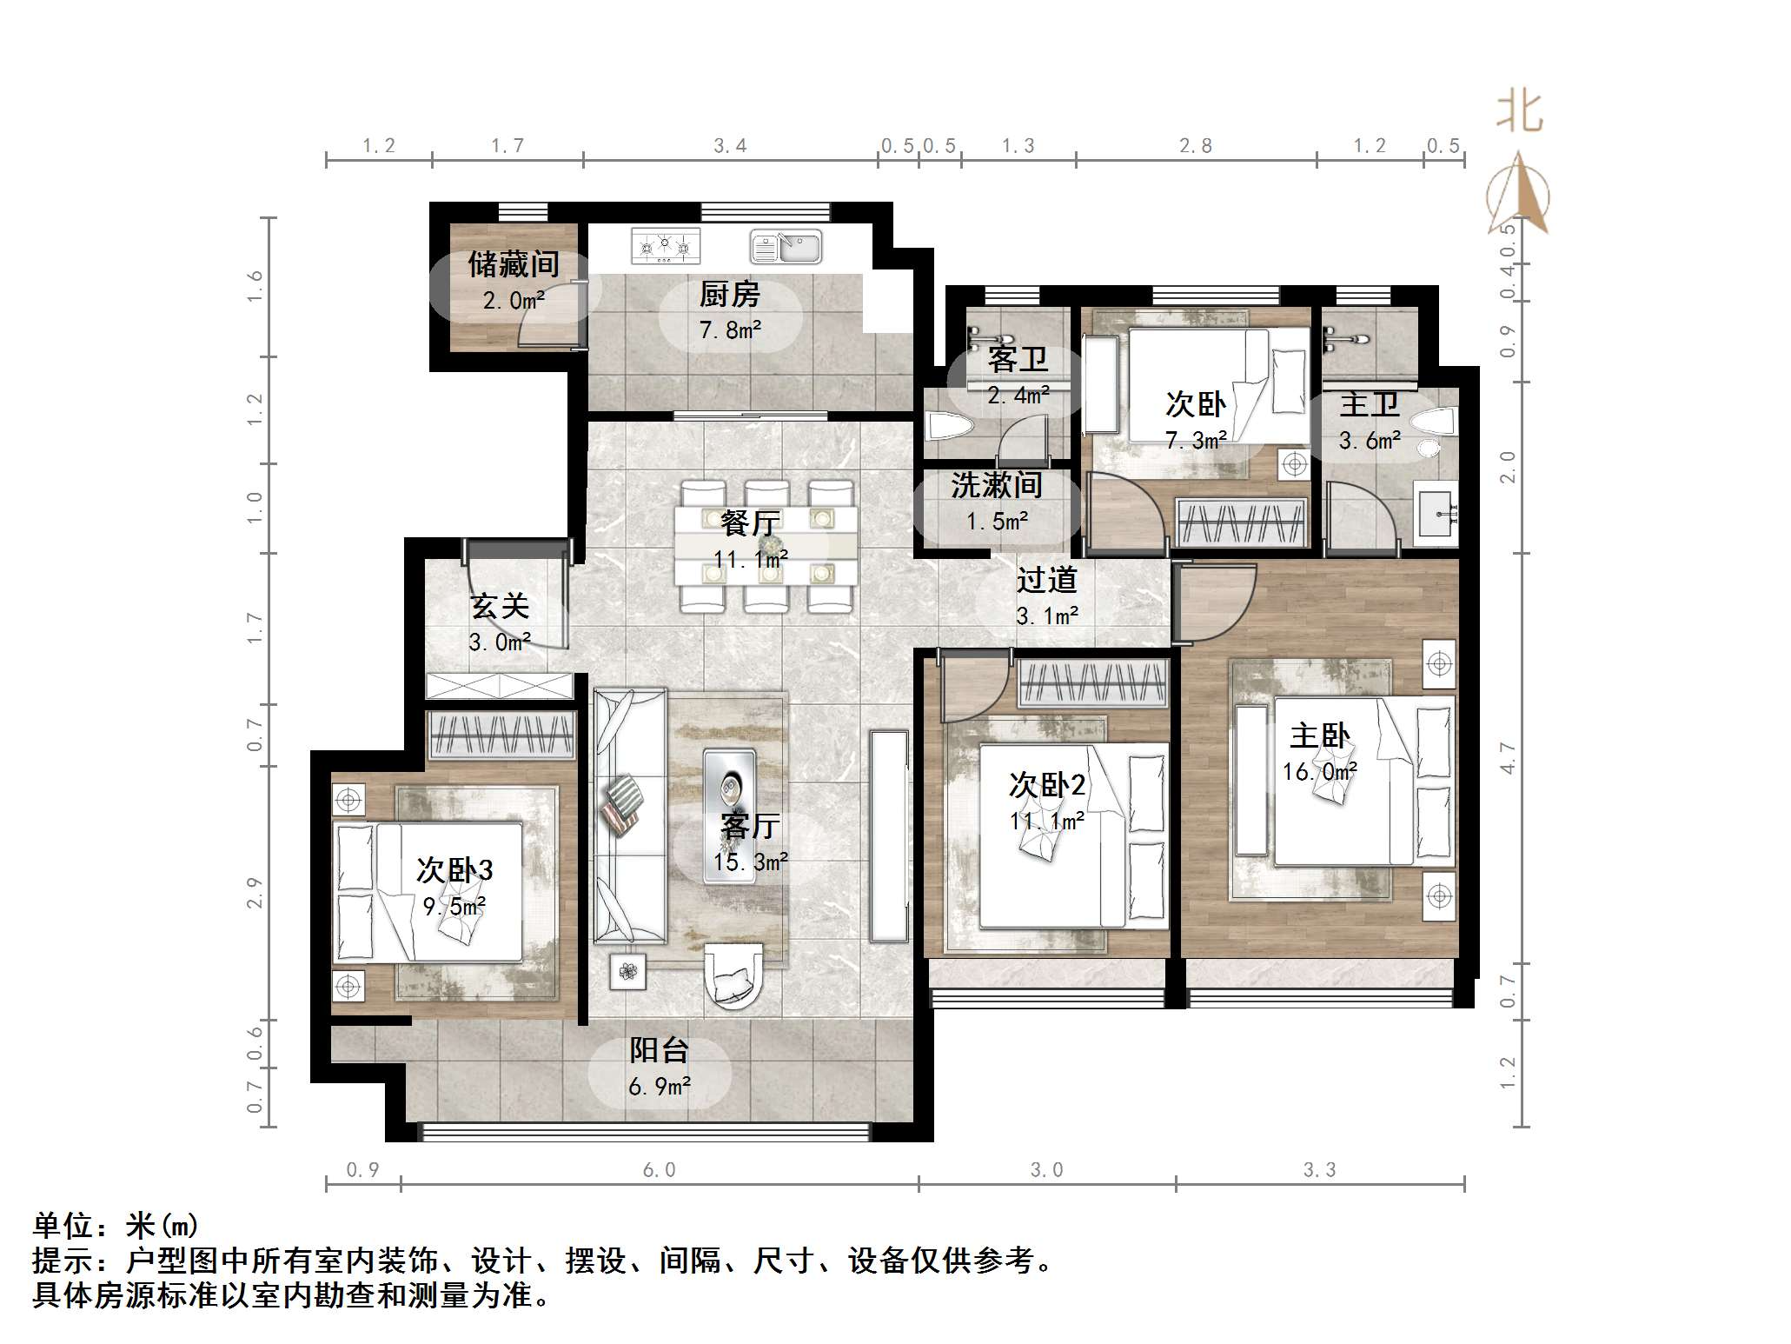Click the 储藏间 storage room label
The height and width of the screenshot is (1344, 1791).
pyautogui.click(x=513, y=264)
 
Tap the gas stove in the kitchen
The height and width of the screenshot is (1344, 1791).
pyautogui.click(x=666, y=246)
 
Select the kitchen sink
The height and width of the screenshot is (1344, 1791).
pyautogui.click(x=786, y=246)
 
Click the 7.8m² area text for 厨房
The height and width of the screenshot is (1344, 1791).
pyautogui.click(x=730, y=330)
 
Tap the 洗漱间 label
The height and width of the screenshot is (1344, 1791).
pyautogui.click(x=997, y=484)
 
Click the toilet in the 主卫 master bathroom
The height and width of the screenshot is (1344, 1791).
pyautogui.click(x=1433, y=423)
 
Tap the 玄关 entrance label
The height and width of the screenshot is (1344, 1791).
pyautogui.click(x=500, y=606)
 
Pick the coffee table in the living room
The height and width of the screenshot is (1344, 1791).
pyautogui.click(x=729, y=816)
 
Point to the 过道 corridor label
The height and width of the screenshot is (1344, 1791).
pyautogui.click(x=1047, y=579)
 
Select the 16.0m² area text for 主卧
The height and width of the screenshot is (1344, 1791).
pyautogui.click(x=1320, y=772)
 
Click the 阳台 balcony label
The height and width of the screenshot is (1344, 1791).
pyautogui.click(x=659, y=1050)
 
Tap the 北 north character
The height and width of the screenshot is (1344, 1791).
pyautogui.click(x=1519, y=113)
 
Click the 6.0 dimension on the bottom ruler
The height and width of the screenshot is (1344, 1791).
pyautogui.click(x=659, y=1170)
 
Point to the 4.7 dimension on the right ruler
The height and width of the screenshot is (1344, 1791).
pyautogui.click(x=1508, y=758)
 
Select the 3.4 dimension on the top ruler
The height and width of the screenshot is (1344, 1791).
pyautogui.click(x=730, y=146)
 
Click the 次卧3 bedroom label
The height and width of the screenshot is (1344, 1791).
pyautogui.click(x=454, y=869)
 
